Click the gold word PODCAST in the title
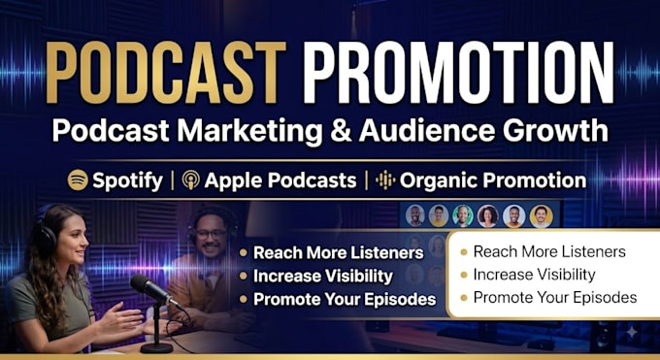pos(166,73)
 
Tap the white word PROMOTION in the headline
pos(458,73)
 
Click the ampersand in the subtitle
pos(341,131)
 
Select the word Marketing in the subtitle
pos(250,131)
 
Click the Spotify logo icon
pos(78,180)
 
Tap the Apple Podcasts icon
pos(191,180)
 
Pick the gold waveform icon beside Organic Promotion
pos(385,180)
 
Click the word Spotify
pos(127,181)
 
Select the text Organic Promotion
pos(493,180)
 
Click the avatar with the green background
pos(463,216)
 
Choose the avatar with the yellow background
pos(541,216)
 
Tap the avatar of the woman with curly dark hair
pos(488,216)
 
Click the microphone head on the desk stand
pos(150,288)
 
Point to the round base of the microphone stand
pos(156,347)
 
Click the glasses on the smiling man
pos(212,234)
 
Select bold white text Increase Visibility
pos(323,277)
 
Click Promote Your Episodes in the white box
pos(555,298)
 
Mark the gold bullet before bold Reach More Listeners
pos(244,252)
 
